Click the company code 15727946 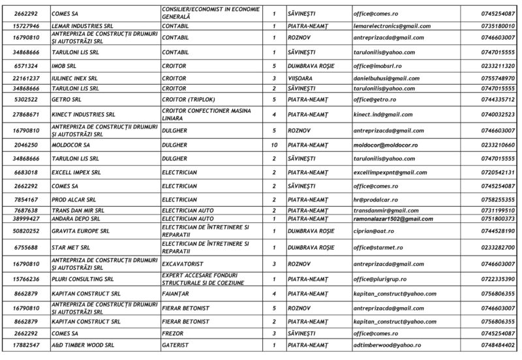[x=26, y=26]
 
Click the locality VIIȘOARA [x=300, y=78]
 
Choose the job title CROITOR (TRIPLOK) [x=185, y=99]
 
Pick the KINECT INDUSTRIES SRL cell [x=83, y=114]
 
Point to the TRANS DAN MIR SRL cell [x=78, y=211]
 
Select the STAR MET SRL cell [x=70, y=248]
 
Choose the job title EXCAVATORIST [x=182, y=263]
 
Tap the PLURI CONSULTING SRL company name [x=82, y=279]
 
